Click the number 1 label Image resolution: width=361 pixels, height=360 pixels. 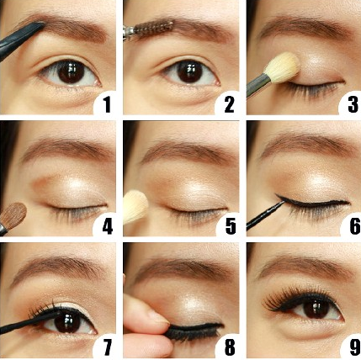coord(107,104)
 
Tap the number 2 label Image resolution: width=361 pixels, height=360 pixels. coord(229,104)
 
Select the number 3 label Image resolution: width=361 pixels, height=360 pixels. coord(353,104)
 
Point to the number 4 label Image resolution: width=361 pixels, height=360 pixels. coord(108,226)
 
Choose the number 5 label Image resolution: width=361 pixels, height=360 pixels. coord(231,226)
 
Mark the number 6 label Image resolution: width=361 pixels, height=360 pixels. coord(354,226)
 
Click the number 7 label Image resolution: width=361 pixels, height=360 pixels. coord(107,347)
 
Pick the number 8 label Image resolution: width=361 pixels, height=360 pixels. coord(230,347)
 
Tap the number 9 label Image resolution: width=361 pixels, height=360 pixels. coord(354,347)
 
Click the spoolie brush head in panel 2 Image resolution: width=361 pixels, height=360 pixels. coord(153,28)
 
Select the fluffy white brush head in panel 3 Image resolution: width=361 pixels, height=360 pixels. coord(282,67)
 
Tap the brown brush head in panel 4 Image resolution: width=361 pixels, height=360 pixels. coord(13,214)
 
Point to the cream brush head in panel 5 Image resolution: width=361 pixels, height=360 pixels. coord(135,206)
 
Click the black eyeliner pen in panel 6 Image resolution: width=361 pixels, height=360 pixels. coord(265,215)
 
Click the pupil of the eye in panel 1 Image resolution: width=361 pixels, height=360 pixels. coord(72,72)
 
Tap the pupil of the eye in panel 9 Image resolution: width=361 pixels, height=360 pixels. coord(316,309)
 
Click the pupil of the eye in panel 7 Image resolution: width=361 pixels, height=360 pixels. coord(67,321)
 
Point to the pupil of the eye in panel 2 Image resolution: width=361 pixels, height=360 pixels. coord(190,72)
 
